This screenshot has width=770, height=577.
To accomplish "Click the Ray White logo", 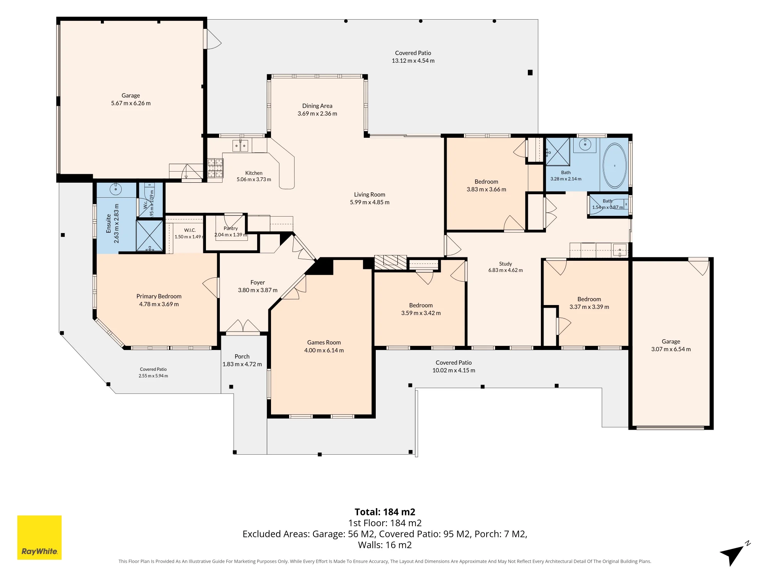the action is click(x=39, y=537).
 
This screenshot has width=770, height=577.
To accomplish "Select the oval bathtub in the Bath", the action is click(x=614, y=166).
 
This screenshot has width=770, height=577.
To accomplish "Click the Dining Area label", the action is click(x=317, y=106).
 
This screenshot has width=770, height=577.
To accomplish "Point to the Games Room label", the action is click(x=324, y=342).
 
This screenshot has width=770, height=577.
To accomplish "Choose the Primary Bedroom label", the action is click(x=159, y=296).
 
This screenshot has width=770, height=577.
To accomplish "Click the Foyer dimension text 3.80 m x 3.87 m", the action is click(x=258, y=290).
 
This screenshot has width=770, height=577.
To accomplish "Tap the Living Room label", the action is click(x=370, y=195).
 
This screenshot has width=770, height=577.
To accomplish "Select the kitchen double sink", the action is click(x=240, y=146).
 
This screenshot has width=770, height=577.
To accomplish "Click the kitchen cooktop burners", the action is click(x=215, y=168).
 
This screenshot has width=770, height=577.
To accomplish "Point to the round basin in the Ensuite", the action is click(x=115, y=189).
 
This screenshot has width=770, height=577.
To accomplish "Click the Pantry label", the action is click(x=231, y=228).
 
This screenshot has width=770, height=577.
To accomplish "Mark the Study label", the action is click(x=506, y=263).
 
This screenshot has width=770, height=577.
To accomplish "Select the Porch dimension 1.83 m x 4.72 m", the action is click(x=242, y=364).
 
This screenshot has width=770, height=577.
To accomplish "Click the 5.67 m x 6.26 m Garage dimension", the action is click(x=131, y=103).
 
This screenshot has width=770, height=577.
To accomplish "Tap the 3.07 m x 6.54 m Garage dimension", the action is click(x=671, y=349).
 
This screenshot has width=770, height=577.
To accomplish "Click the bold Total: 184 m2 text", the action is click(x=385, y=512).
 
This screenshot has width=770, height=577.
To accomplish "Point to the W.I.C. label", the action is click(x=190, y=230).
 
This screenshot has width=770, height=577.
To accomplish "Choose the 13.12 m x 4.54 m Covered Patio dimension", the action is click(x=413, y=61).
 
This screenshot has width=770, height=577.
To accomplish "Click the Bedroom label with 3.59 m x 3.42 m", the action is click(x=421, y=305).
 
